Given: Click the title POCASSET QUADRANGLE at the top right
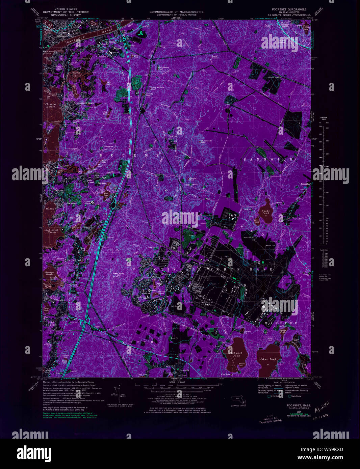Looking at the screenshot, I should click(x=289, y=9).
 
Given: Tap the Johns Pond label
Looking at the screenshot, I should click(x=268, y=359).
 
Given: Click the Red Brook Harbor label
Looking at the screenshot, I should click(x=52, y=231).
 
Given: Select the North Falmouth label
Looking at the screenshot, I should click(x=51, y=325).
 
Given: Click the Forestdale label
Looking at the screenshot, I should click(x=305, y=184).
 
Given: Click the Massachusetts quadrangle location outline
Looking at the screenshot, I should click(x=238, y=400).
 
